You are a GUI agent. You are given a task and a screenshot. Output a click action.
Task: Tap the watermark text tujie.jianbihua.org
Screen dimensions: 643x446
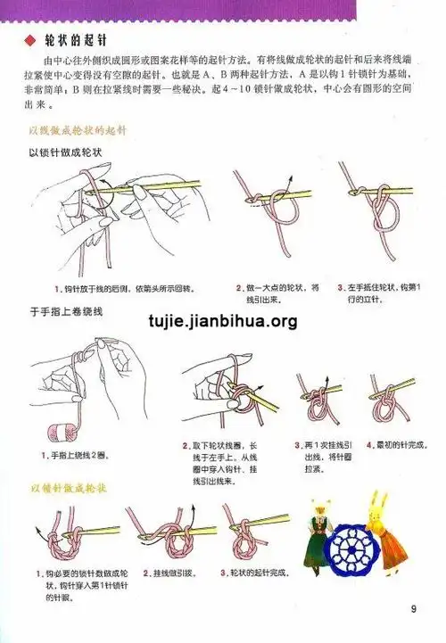223,320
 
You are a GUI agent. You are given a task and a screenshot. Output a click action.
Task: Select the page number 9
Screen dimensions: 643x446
414,609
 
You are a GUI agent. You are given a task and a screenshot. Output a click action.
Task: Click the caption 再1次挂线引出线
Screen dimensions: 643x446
326,455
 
